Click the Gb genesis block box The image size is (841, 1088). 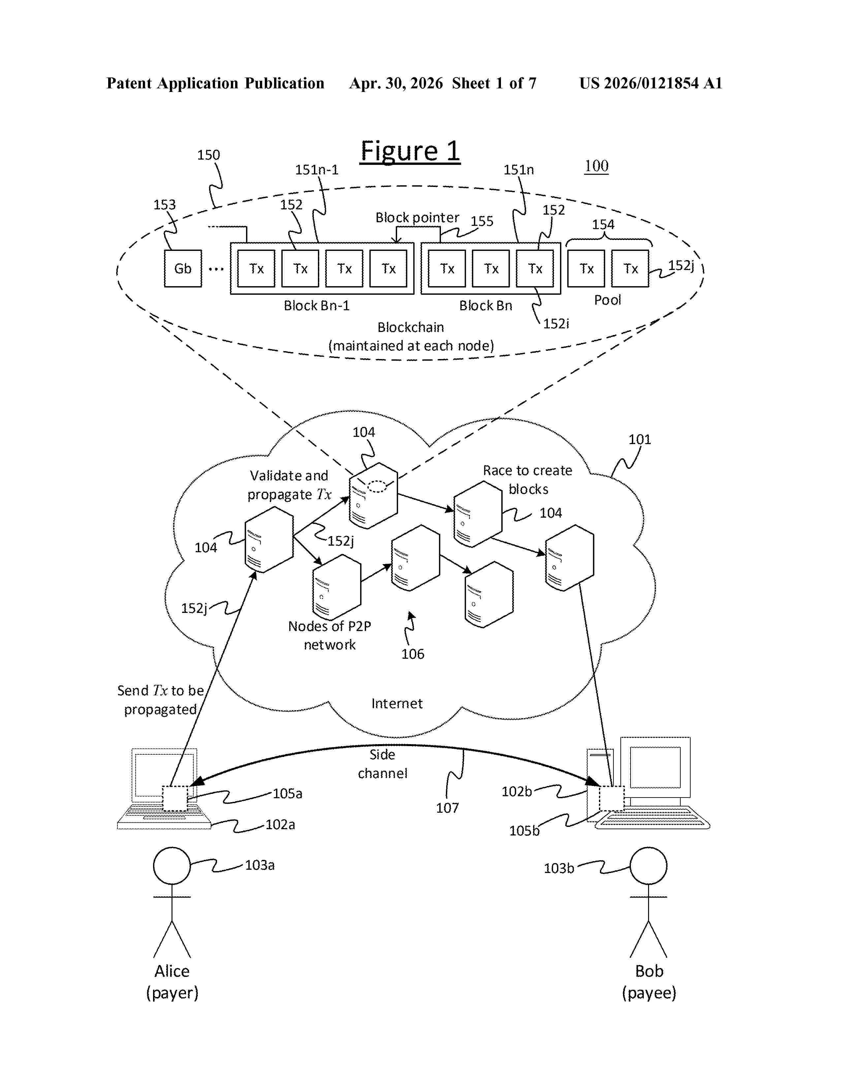183,268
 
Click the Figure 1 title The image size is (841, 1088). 410,151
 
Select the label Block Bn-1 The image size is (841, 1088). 317,305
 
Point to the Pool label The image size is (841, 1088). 607,300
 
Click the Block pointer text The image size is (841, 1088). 417,218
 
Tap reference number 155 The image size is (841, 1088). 482,221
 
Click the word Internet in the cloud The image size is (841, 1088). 396,704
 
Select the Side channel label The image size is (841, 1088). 382,764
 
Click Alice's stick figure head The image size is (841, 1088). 172,866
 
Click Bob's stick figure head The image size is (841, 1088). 648,866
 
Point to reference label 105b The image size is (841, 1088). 524,831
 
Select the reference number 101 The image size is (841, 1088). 640,439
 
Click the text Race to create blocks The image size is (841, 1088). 528,480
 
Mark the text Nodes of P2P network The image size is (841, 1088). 330,635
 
